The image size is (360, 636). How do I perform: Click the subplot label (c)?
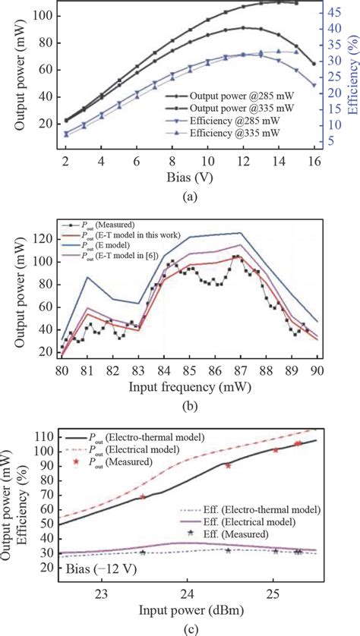click(179, 629)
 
